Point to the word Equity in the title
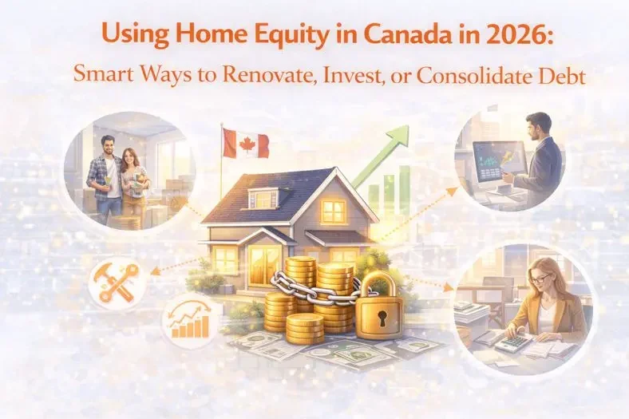pos(255,38)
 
